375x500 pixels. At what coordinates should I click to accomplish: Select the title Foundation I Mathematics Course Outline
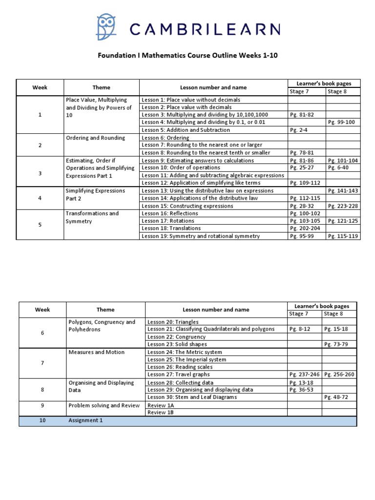click(x=187, y=56)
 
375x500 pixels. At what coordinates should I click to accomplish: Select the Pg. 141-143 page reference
click(x=343, y=191)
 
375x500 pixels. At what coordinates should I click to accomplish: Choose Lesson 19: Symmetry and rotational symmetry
click(x=200, y=236)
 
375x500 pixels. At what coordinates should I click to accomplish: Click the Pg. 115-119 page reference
click(x=343, y=236)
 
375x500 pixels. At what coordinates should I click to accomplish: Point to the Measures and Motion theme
click(x=96, y=352)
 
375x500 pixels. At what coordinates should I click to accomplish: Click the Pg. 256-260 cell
click(x=340, y=375)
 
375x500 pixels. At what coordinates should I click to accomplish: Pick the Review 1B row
click(x=161, y=413)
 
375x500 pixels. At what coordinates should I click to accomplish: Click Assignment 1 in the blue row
click(x=85, y=420)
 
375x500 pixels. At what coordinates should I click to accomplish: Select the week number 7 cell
click(x=42, y=363)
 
